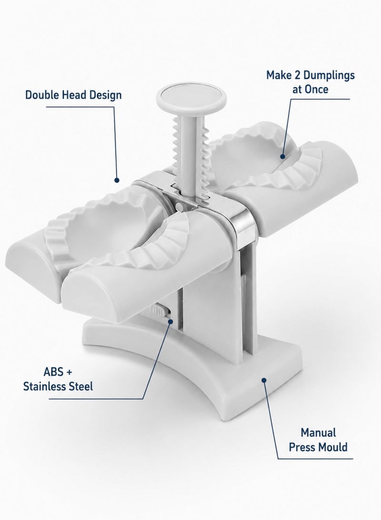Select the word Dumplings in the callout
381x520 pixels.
pyautogui.click(x=329, y=76)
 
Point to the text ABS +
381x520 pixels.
pyautogui.click(x=58, y=372)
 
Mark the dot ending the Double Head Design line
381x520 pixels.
pyautogui.click(x=117, y=180)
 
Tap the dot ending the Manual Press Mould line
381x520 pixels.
pyautogui.click(x=264, y=380)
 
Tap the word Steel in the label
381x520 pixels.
pyautogui.click(x=80, y=386)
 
